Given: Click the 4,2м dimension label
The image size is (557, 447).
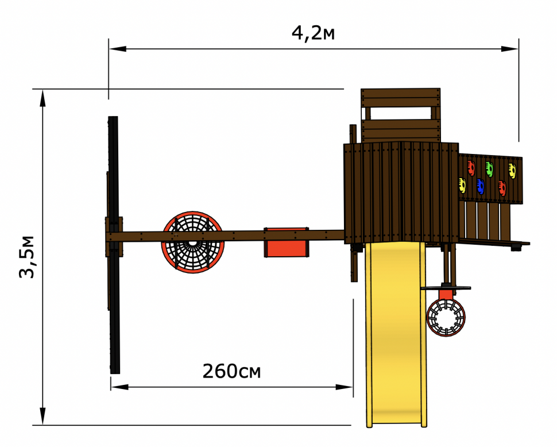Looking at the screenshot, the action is click(313, 33).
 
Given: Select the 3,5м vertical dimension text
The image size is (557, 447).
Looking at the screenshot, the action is click(27, 257).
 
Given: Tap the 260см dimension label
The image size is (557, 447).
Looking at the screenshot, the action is click(231, 371).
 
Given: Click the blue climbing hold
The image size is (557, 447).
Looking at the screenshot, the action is click(480, 187).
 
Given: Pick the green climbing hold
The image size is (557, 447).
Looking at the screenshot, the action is click(489, 169).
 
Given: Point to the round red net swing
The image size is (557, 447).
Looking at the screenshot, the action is click(193, 242).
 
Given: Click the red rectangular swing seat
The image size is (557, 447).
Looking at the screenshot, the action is click(287, 242).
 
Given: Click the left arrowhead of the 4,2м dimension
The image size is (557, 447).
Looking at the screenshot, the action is click(118, 49).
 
